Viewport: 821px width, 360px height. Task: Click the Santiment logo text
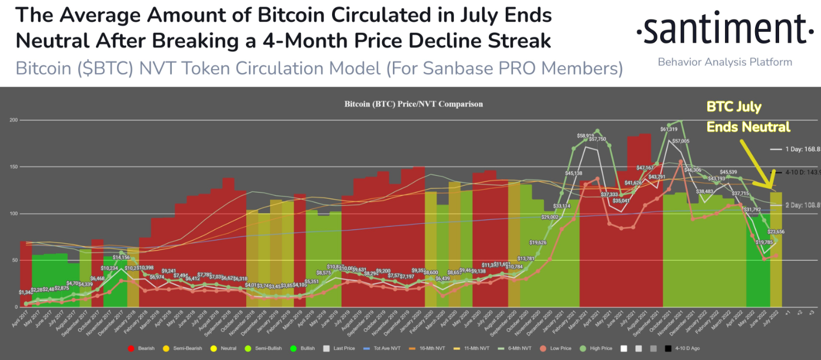click(x=724, y=30)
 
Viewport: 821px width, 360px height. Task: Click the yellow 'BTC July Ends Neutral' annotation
click(x=748, y=117)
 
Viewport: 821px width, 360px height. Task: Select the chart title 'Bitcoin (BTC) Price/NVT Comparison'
click(x=414, y=104)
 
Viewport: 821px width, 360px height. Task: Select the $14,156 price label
click(x=121, y=257)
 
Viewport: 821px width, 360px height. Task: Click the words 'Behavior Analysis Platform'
click(x=724, y=62)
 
